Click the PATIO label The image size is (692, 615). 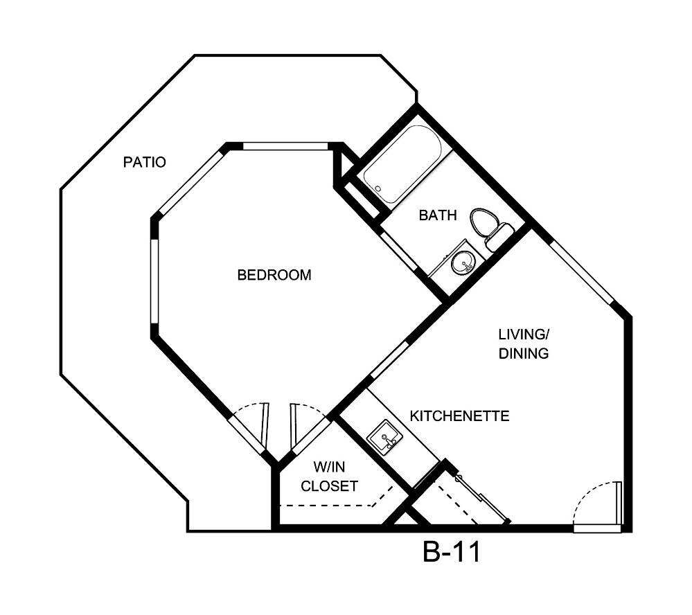click(144, 163)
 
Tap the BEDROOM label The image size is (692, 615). click(274, 275)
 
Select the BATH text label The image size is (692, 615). click(438, 215)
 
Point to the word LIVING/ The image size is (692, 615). click(523, 334)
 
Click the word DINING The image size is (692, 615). click(524, 353)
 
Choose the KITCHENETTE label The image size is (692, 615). click(460, 416)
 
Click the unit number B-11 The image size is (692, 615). click(451, 553)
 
